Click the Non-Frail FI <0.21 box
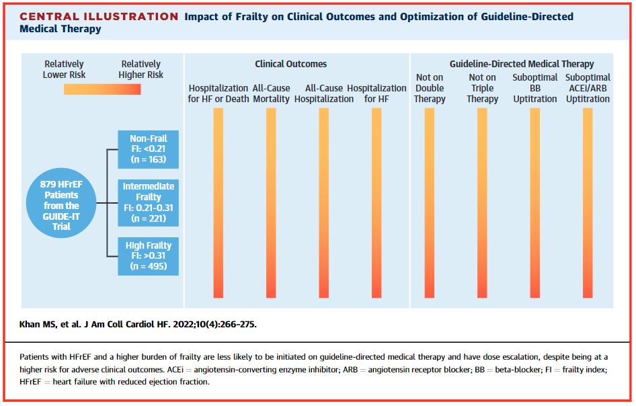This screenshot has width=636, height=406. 148,150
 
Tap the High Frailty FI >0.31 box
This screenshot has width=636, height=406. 148,256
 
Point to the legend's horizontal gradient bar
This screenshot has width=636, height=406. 102,89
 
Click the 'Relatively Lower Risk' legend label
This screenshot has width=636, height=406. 64,70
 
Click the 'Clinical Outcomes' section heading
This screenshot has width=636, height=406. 290,64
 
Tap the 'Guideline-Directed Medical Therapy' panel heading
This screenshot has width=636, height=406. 522,64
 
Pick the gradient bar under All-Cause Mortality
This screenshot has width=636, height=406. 271,202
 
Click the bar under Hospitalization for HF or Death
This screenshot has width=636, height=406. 218,202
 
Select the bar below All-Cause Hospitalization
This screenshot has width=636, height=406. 324,202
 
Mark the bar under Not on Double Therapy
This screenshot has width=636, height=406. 430,202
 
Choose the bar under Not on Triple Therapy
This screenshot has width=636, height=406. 482,202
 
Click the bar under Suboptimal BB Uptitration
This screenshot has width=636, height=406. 535,202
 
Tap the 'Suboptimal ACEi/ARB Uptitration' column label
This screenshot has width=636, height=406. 588,88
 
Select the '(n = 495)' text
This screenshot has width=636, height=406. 148,267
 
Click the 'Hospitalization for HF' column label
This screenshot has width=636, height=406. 376,93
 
